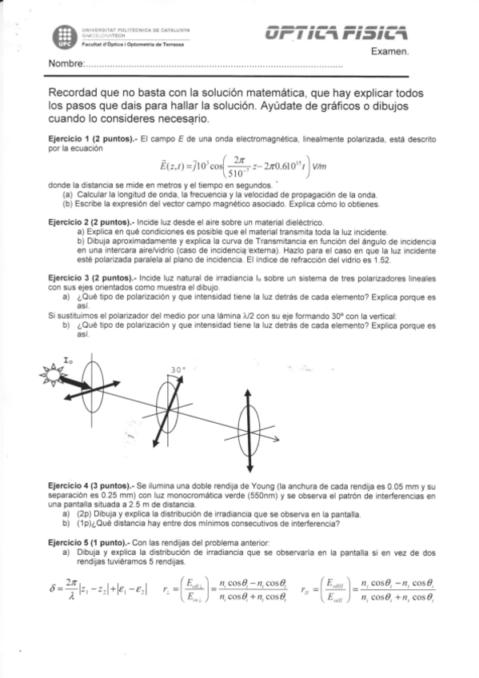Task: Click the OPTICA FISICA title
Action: click(339, 33)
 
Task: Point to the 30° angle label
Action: click(178, 369)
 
